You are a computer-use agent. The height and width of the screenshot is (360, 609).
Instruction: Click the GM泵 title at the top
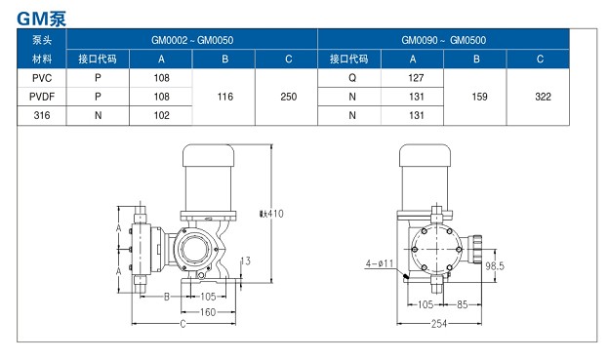[42, 19]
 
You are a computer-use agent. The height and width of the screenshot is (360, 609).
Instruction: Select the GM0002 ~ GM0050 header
[192, 40]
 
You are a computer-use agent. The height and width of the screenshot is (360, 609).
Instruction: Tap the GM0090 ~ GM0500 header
[443, 40]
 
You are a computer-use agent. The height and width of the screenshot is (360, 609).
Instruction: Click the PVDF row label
[42, 97]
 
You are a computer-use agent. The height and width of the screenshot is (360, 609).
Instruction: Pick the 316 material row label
[42, 115]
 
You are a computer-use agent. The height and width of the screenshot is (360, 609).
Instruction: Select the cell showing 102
[162, 115]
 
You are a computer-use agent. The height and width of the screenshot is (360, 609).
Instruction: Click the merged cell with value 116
[225, 97]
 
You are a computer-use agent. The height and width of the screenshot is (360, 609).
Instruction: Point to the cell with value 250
[289, 97]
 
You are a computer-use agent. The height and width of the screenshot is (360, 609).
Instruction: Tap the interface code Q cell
[352, 78]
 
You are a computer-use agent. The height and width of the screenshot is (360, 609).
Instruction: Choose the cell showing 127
[416, 78]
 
